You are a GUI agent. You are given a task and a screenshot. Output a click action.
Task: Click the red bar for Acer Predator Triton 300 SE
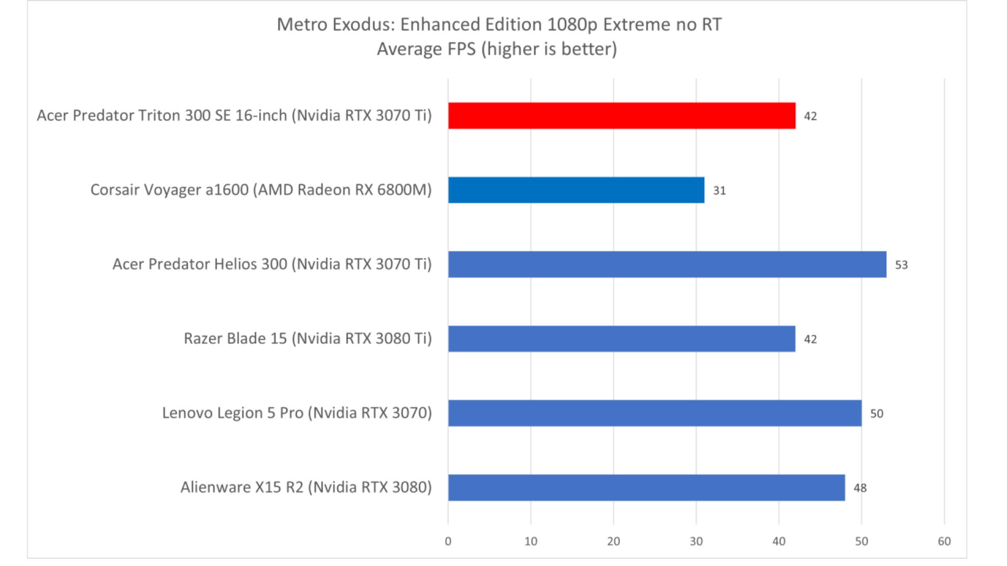point(622,116)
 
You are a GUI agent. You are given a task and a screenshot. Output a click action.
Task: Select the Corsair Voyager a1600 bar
point(576,190)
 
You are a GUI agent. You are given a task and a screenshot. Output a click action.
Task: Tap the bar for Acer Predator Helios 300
point(667,265)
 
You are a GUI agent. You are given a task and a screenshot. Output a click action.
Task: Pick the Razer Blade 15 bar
point(622,339)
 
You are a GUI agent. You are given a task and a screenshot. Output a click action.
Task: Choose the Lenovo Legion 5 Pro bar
point(655,413)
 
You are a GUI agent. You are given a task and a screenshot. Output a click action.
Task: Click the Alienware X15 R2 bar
point(646,488)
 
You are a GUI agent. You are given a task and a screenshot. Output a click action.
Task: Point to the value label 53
point(901,265)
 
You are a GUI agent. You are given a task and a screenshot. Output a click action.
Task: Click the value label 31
point(719,191)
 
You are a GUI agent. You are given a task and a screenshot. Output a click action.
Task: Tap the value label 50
point(876,414)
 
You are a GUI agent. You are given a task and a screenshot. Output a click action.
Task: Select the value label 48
point(860,488)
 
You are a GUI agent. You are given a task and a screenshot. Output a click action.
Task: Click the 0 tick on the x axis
point(448,542)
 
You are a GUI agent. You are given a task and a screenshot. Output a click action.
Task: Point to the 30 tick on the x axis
point(696,542)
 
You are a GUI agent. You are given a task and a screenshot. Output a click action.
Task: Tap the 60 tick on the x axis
point(944,542)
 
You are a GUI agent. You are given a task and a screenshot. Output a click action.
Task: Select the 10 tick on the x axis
point(531,542)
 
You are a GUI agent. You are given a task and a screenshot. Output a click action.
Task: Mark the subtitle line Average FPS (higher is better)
point(497,49)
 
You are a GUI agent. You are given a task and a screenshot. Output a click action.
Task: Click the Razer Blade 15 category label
point(307,339)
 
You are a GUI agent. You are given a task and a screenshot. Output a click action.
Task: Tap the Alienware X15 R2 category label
point(306,488)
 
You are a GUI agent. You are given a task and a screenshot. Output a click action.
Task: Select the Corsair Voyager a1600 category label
point(261,190)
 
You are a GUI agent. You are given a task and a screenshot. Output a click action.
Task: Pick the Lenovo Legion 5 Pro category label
point(297,413)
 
